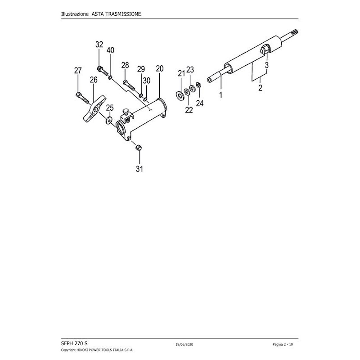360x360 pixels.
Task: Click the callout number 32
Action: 99,45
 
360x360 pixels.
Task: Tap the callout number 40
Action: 110,50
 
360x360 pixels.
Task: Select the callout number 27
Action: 78,70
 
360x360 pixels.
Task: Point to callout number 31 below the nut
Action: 139,169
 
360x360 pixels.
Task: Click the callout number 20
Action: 159,69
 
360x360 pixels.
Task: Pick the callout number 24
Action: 199,103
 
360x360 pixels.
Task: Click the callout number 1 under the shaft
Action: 221,95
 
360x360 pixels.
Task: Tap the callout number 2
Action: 260,88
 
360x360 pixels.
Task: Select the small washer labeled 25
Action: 108,120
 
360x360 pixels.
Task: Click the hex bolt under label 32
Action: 101,71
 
